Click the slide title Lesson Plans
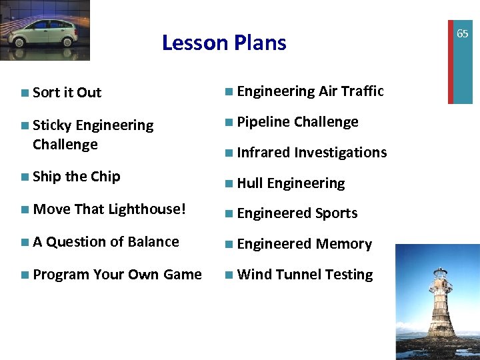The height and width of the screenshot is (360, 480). point(224,43)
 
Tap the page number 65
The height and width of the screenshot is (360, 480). point(462,34)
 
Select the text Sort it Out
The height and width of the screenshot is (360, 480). point(67,93)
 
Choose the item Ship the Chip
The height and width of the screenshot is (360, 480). point(76,177)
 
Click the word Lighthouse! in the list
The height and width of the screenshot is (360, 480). point(147,209)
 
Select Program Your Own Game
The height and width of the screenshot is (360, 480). point(117,275)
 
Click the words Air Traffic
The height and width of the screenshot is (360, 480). point(351,92)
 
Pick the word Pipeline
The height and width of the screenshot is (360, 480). point(263,122)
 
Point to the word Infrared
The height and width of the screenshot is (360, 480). point(263,153)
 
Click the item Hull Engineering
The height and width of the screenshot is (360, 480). point(291,183)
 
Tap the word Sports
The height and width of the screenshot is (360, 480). point(336,214)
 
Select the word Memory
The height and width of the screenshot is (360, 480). point(343,245)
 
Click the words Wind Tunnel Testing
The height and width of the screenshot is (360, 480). point(305,275)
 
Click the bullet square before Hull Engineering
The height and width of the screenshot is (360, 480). point(229,183)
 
